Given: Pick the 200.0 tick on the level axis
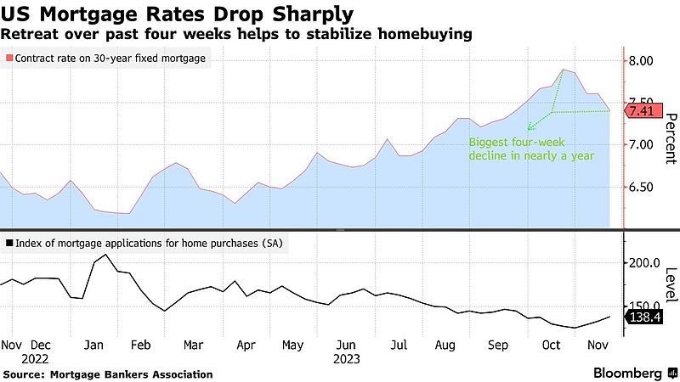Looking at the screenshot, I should pos(644,263).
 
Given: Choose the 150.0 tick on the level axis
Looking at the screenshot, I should pos(644,306).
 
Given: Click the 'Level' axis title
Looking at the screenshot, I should pos(670,284).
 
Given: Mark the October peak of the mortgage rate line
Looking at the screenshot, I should pos(563,70).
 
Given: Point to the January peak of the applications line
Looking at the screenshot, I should pos(105,255).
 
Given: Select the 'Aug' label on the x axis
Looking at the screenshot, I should pos(445,345).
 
